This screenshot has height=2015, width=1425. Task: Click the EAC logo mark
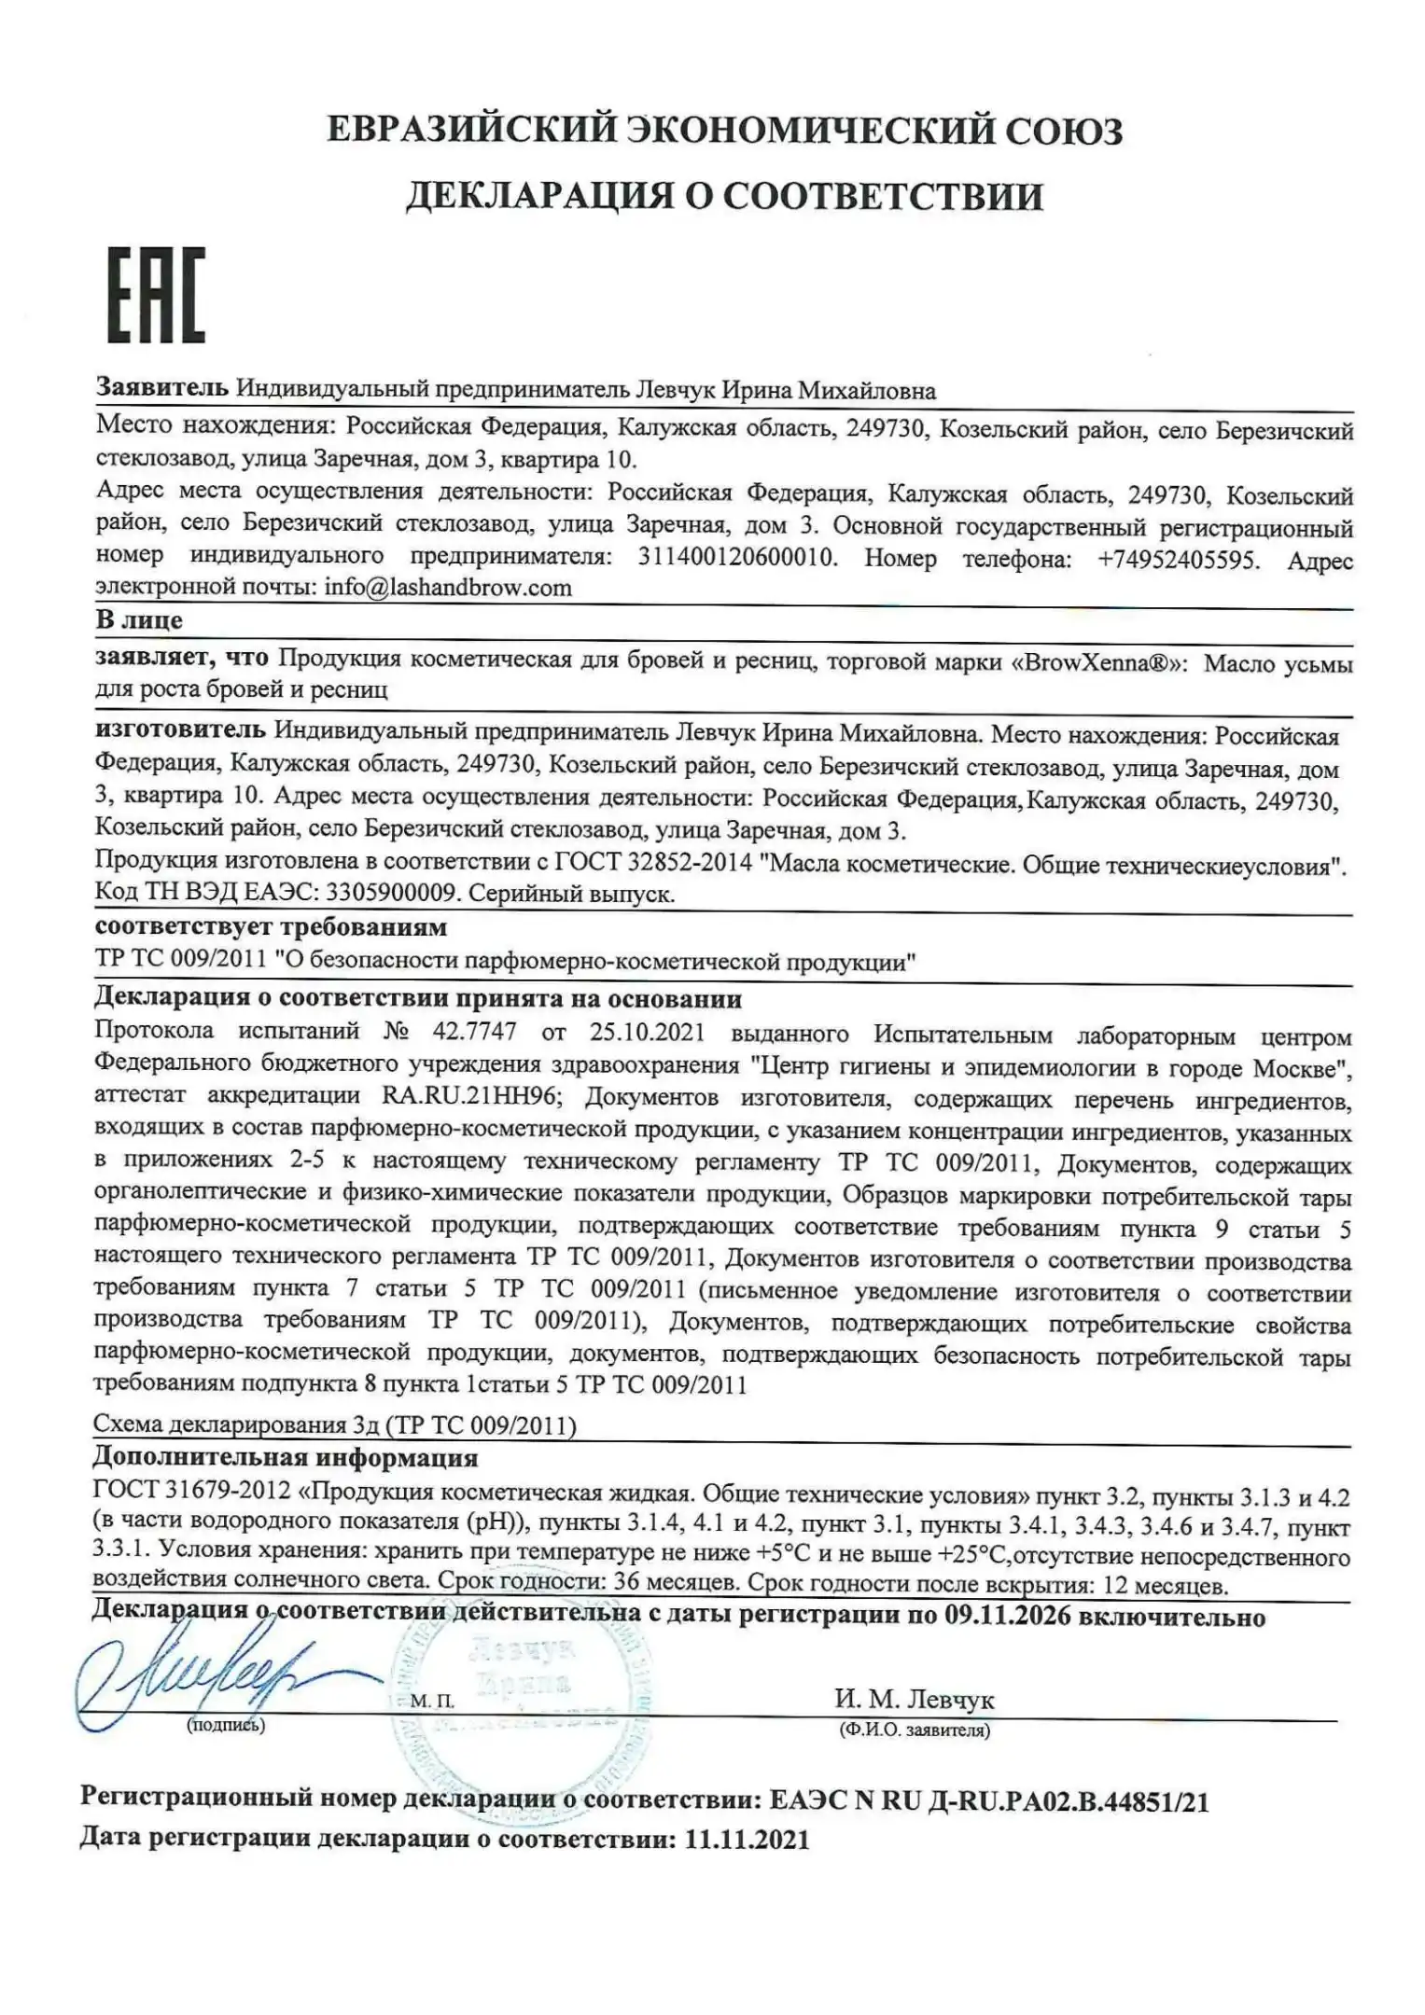tap(156, 295)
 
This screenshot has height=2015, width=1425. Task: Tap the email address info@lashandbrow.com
tap(448, 588)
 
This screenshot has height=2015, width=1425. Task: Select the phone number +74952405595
tap(1179, 560)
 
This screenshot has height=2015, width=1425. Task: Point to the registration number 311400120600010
tap(736, 558)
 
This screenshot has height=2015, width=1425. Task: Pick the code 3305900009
tap(390, 894)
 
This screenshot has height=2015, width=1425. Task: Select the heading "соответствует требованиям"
tap(271, 927)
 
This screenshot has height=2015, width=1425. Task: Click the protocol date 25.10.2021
tap(647, 1033)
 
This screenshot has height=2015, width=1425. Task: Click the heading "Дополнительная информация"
tap(285, 1457)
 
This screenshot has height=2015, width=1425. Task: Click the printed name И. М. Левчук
tap(914, 1700)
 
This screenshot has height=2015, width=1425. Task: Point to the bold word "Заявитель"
tap(161, 388)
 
